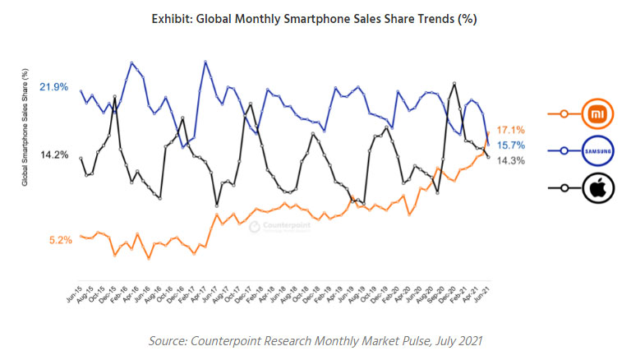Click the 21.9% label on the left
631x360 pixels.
pyautogui.click(x=54, y=87)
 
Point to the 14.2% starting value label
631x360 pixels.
pyautogui.click(x=54, y=155)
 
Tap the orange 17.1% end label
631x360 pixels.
pyautogui.click(x=511, y=130)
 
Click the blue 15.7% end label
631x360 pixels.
pyautogui.click(x=511, y=145)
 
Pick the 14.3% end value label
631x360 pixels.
pyautogui.click(x=511, y=161)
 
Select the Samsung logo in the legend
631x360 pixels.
pyautogui.click(x=595, y=151)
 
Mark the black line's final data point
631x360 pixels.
pyautogui.click(x=489, y=157)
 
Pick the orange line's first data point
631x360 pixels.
pyautogui.click(x=81, y=236)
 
